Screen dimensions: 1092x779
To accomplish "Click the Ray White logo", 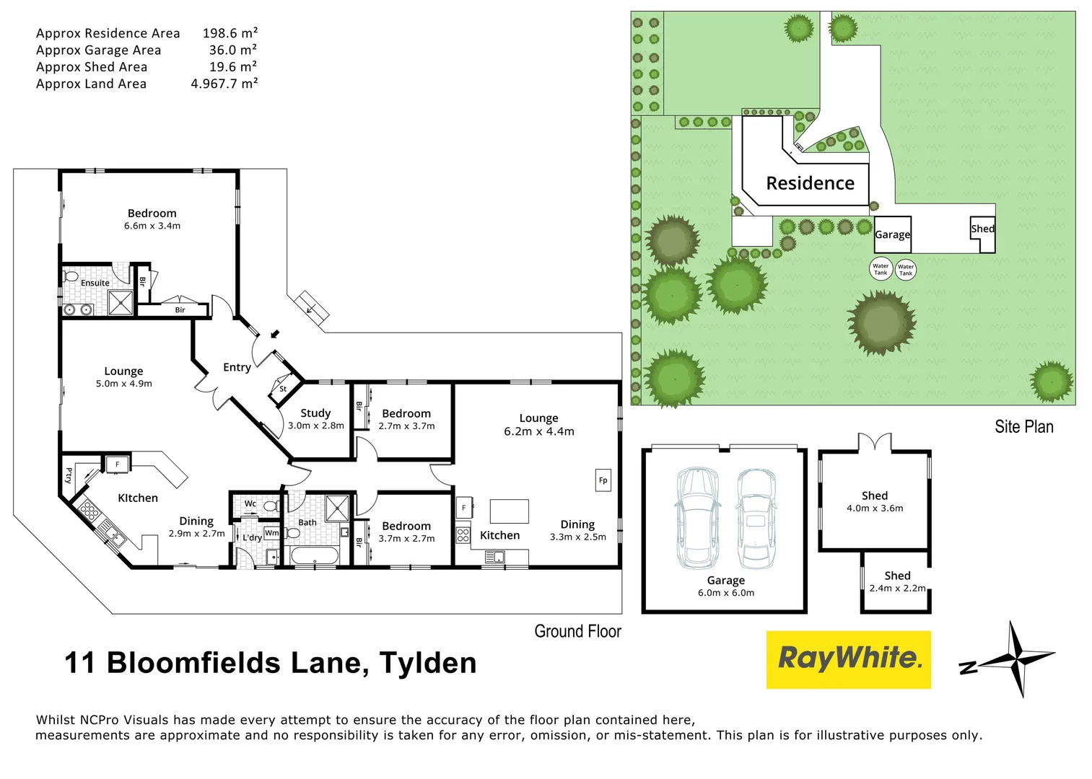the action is (x=848, y=659).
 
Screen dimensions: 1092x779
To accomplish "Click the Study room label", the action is (x=315, y=413).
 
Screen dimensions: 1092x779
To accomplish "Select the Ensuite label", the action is (x=95, y=283).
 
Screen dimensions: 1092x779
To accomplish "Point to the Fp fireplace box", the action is (x=603, y=480).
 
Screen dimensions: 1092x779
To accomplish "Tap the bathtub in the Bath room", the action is (x=313, y=556).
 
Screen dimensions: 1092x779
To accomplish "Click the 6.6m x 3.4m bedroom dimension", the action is (x=152, y=226).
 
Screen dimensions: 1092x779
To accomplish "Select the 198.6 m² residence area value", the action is (x=230, y=33).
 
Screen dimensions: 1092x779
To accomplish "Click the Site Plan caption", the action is (x=1023, y=427).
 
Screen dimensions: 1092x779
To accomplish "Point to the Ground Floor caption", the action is (x=577, y=632).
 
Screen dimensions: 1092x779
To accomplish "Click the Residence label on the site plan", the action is (x=810, y=183).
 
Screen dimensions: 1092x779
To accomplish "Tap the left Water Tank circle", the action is (x=881, y=269).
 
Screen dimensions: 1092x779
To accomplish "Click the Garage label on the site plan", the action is (x=892, y=234).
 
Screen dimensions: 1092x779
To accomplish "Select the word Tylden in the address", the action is (x=428, y=663).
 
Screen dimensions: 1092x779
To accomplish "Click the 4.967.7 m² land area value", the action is (x=224, y=84).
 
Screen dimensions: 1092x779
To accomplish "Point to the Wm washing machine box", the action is (x=272, y=533).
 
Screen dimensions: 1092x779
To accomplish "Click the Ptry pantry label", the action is (x=69, y=475).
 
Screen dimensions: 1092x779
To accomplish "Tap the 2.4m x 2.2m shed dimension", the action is (x=897, y=589).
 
